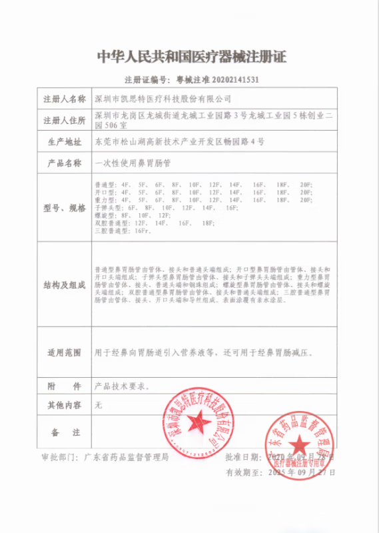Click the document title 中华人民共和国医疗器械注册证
click(x=189, y=57)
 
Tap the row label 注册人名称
click(x=65, y=99)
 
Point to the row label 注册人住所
click(x=65, y=121)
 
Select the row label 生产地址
click(x=65, y=142)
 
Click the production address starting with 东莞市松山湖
click(x=180, y=142)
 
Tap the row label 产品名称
click(x=65, y=163)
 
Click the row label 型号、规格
click(x=65, y=208)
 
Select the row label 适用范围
click(x=65, y=352)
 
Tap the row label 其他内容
click(x=65, y=404)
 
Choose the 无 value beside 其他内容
click(x=99, y=404)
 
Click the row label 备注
click(x=65, y=432)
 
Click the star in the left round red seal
click(x=198, y=422)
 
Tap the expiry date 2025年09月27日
click(x=300, y=472)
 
